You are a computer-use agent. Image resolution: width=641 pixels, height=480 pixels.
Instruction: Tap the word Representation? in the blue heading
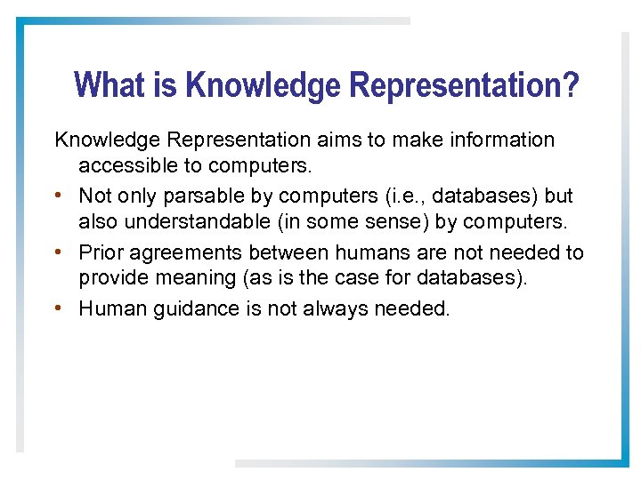[x=464, y=86]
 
